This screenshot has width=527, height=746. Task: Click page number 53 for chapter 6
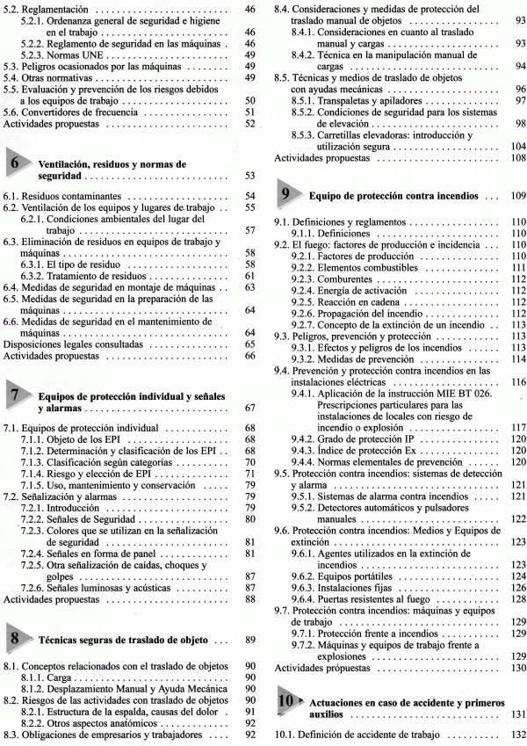coord(249,177)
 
